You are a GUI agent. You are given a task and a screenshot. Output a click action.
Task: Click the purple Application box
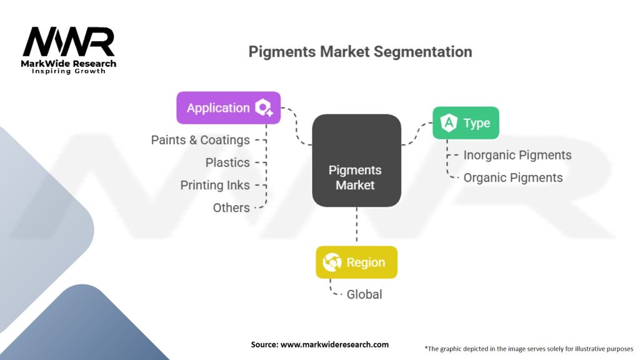229,107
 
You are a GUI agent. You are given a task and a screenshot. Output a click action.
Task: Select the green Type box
466,123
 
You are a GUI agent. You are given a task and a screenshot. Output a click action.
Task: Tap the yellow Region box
356,262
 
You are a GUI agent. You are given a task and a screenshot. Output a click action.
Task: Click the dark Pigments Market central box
356,161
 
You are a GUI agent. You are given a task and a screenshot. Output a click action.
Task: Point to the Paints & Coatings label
201,140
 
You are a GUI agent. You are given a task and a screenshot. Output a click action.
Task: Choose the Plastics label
227,162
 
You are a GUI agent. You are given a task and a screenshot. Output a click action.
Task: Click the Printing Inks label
215,185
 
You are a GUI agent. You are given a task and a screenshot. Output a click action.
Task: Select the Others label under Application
231,207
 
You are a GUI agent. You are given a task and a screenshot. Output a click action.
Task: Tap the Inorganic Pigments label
517,155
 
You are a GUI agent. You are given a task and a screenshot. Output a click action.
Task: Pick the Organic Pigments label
513,178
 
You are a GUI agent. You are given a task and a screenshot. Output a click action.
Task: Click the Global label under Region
364,294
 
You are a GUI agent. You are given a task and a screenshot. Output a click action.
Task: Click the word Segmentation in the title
423,52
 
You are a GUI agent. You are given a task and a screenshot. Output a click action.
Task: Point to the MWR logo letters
69,42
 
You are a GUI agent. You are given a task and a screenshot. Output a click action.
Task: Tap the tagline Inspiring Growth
69,71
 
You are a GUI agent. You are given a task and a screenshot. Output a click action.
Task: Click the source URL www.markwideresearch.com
335,344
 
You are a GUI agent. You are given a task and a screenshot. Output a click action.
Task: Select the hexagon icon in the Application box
264,107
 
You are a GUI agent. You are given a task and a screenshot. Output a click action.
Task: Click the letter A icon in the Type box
449,122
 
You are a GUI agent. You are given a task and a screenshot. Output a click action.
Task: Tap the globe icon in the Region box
332,262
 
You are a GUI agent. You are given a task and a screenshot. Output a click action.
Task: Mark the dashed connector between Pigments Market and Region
357,226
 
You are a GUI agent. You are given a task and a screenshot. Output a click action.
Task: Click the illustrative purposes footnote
529,349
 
